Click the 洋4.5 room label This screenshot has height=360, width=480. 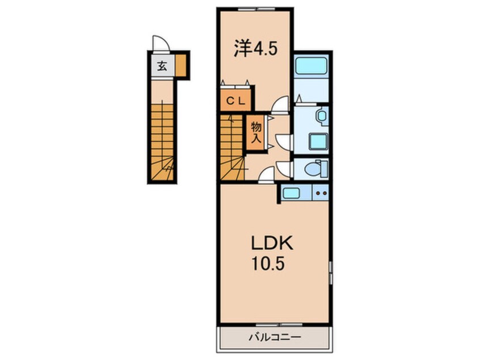256,49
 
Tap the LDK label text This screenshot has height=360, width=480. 272,244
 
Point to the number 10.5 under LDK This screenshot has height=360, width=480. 268,263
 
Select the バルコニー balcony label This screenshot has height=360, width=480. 275,338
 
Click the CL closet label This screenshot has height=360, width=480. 235,101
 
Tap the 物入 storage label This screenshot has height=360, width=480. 256,132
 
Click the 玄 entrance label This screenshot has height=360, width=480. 162,66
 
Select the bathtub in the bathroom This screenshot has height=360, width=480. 311,66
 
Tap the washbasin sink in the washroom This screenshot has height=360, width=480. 322,116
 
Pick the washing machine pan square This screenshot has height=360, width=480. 318,141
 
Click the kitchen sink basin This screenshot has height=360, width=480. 291,193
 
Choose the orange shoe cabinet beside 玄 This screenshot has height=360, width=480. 180,65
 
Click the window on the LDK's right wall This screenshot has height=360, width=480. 331,273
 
